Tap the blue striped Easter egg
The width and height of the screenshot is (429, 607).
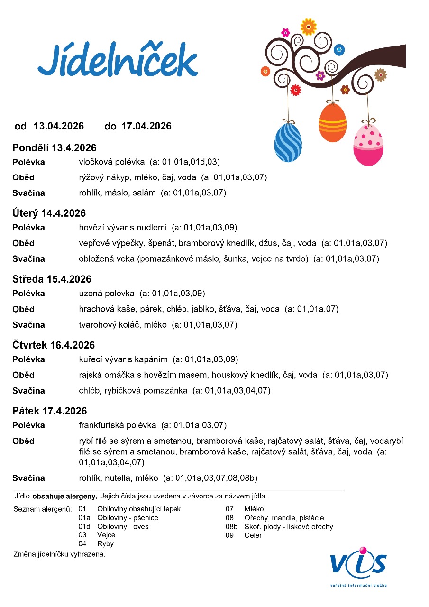click(288, 142)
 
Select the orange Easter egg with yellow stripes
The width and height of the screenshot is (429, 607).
click(333, 123)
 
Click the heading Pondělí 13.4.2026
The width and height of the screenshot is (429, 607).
click(55, 147)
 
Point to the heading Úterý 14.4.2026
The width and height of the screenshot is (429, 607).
click(49, 213)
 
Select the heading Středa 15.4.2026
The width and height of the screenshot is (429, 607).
click(52, 279)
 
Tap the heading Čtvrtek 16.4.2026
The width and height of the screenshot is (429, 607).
click(54, 345)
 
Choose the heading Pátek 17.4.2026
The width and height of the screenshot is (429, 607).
click(50, 411)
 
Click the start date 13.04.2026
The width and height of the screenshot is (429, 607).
click(59, 126)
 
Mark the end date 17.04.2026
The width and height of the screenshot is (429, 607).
click(146, 126)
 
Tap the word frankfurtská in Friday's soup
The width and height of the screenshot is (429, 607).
click(101, 425)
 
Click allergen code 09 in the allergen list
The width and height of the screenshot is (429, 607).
click(230, 535)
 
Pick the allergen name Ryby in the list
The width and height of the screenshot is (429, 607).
click(105, 544)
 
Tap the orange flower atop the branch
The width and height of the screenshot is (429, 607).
click(309, 26)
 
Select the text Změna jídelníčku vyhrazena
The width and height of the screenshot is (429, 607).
click(59, 554)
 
